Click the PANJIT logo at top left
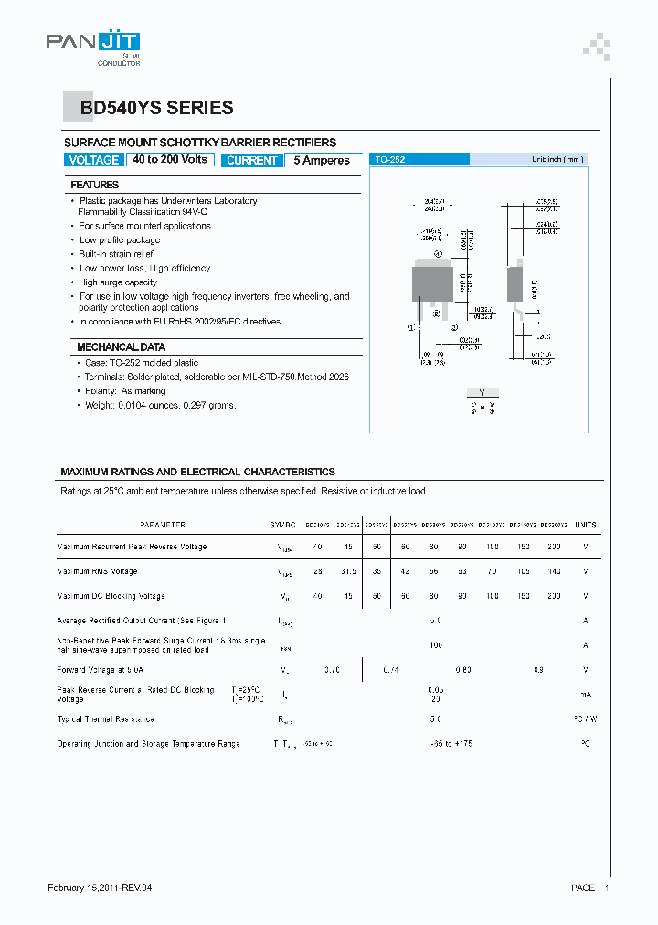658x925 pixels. pyautogui.click(x=93, y=46)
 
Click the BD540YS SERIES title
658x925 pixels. pyautogui.click(x=156, y=108)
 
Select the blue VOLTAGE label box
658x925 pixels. pyautogui.click(x=94, y=160)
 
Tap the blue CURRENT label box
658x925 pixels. pyautogui.click(x=251, y=160)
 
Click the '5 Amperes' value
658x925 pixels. pyautogui.click(x=321, y=160)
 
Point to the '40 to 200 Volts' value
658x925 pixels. pyautogui.click(x=170, y=159)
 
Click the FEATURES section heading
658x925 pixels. pyautogui.click(x=95, y=185)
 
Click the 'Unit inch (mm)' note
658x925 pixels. pyautogui.click(x=557, y=159)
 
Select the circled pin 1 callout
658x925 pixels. pyautogui.click(x=412, y=325)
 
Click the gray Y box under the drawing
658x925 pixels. pyautogui.click(x=483, y=393)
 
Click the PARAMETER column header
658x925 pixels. pyautogui.click(x=163, y=525)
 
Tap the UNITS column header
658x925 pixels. pyautogui.click(x=585, y=525)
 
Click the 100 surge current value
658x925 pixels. pyautogui.click(x=435, y=645)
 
